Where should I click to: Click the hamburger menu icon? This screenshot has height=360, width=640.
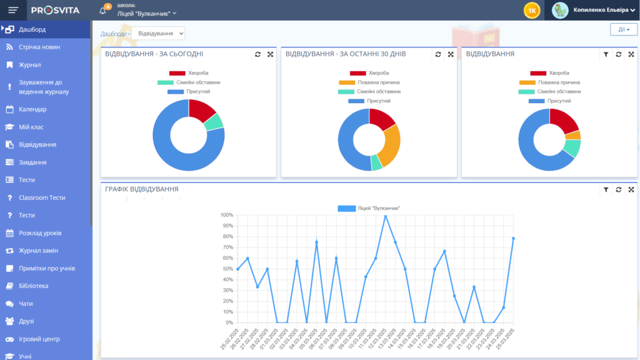pos(13,10)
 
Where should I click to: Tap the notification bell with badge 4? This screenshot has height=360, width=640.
pos(103,11)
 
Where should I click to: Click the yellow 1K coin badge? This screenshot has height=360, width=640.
pos(532,10)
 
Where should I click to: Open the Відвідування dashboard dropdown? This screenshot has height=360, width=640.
pos(158,33)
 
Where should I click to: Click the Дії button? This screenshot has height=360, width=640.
pos(623,29)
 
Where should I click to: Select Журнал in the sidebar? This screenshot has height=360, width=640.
pos(29,64)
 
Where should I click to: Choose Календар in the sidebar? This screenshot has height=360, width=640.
pos(32,109)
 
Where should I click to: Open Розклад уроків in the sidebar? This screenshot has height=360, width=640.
pos(40,233)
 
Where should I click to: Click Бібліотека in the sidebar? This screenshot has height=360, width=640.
pos(33,286)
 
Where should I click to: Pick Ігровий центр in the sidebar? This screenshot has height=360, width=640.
pos(39,339)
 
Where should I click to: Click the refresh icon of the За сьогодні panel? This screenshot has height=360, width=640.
pos(257,54)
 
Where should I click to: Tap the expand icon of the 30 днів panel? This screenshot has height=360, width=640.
pos(451,54)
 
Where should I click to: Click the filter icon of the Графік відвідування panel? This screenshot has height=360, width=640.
pos(606,189)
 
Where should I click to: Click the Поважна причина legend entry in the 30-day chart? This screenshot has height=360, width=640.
pos(369,82)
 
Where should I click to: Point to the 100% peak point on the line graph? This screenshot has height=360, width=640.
pos(385,216)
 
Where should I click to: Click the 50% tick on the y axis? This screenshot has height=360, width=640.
pos(226,269)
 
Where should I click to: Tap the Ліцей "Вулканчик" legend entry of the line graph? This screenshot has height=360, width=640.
pos(369,208)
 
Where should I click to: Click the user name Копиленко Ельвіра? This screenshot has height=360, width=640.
pos(601,10)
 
